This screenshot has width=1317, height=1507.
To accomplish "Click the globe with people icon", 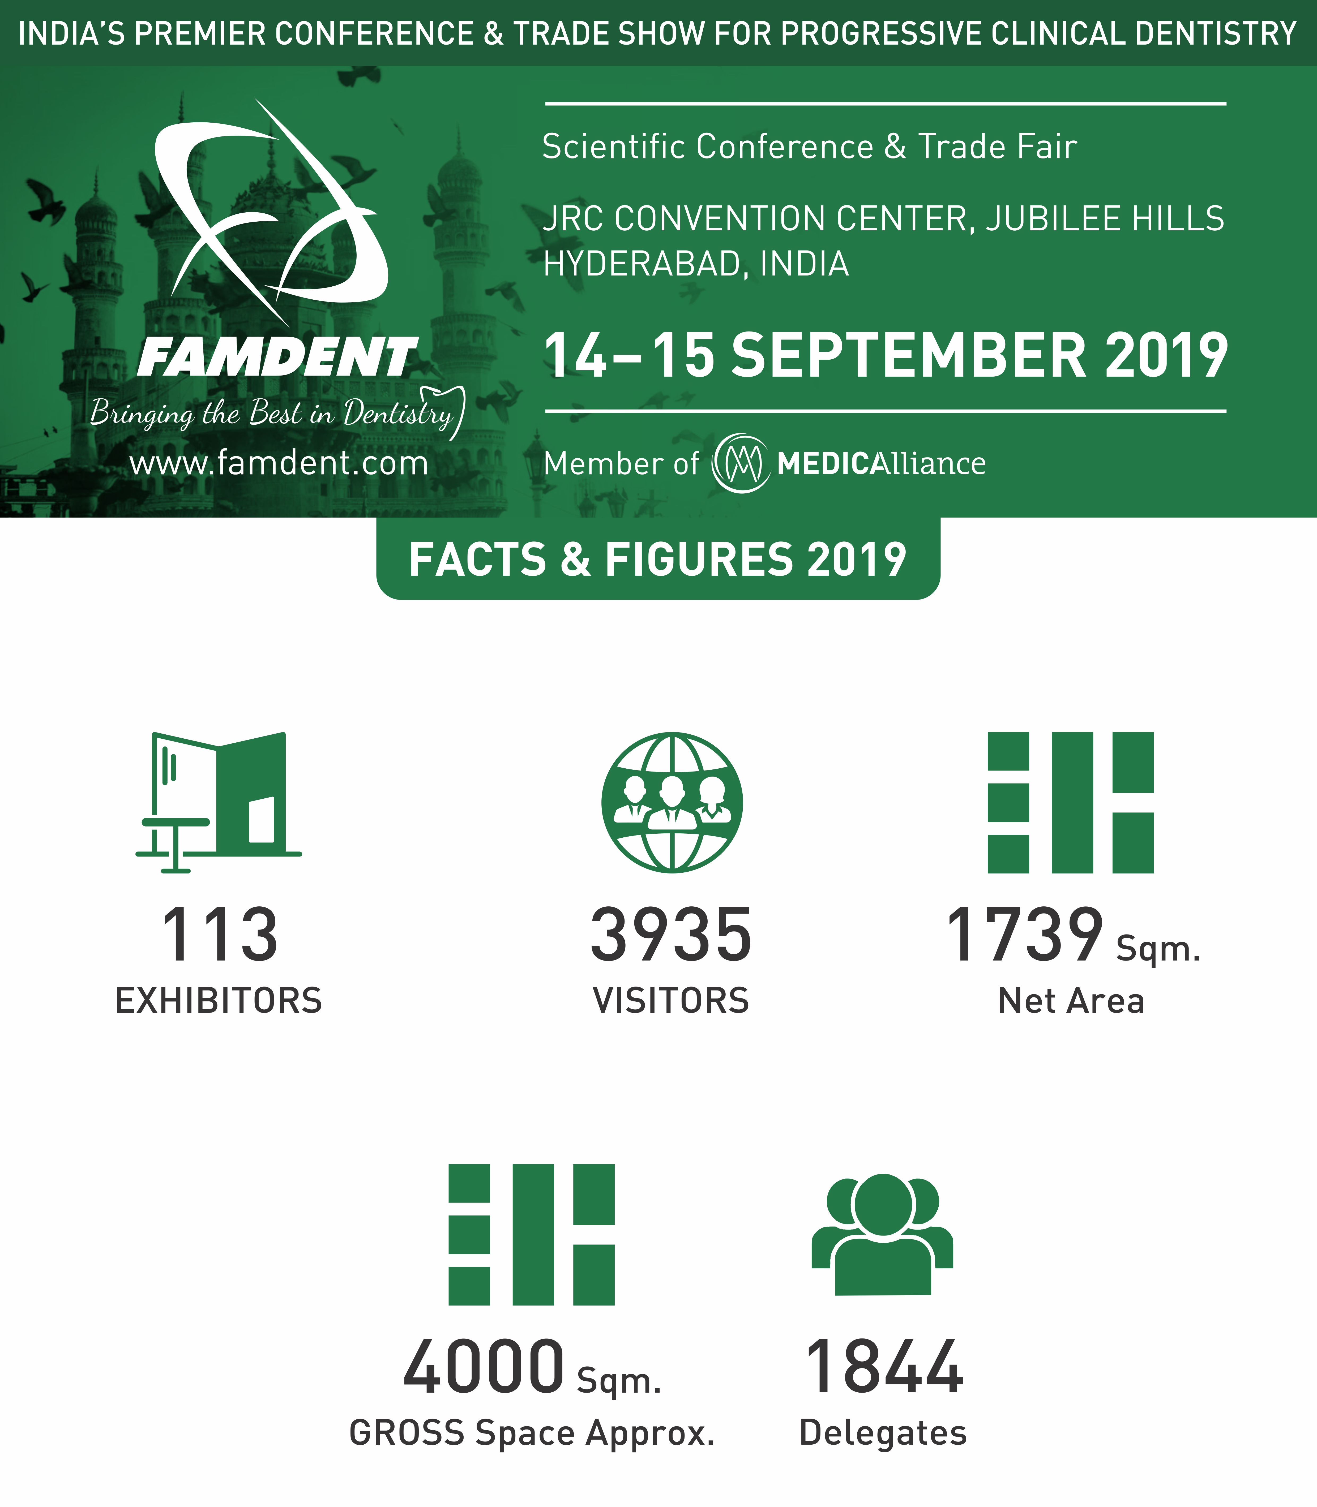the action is [x=672, y=802].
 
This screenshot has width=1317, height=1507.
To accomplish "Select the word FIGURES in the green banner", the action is [x=700, y=560].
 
